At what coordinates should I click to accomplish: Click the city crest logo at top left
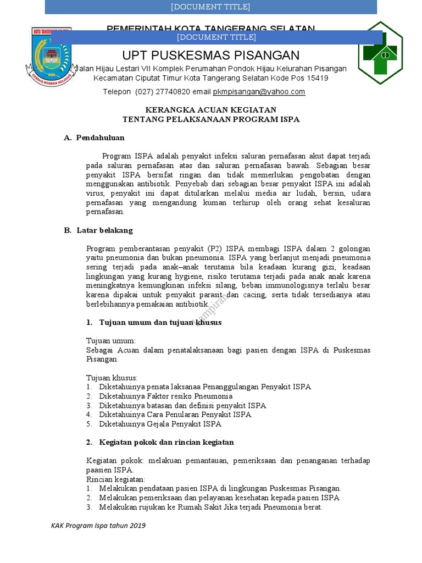tap(48, 56)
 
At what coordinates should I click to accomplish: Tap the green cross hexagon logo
tap(380, 53)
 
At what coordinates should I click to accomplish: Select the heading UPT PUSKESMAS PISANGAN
tap(210, 55)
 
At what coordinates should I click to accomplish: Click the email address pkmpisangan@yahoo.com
tap(258, 92)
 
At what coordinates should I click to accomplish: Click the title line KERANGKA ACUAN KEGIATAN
tap(210, 110)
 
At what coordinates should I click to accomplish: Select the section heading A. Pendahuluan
tap(94, 137)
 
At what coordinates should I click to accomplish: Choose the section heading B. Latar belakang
tap(98, 230)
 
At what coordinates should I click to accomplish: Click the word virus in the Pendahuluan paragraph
tap(96, 194)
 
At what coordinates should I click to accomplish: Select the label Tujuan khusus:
tap(112, 378)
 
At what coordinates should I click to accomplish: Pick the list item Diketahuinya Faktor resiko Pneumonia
tap(165, 396)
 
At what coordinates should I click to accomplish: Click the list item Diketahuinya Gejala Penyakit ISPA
tap(160, 424)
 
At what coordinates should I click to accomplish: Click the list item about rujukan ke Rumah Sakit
tap(210, 507)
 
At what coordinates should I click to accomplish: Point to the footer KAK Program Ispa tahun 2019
tap(98, 526)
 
